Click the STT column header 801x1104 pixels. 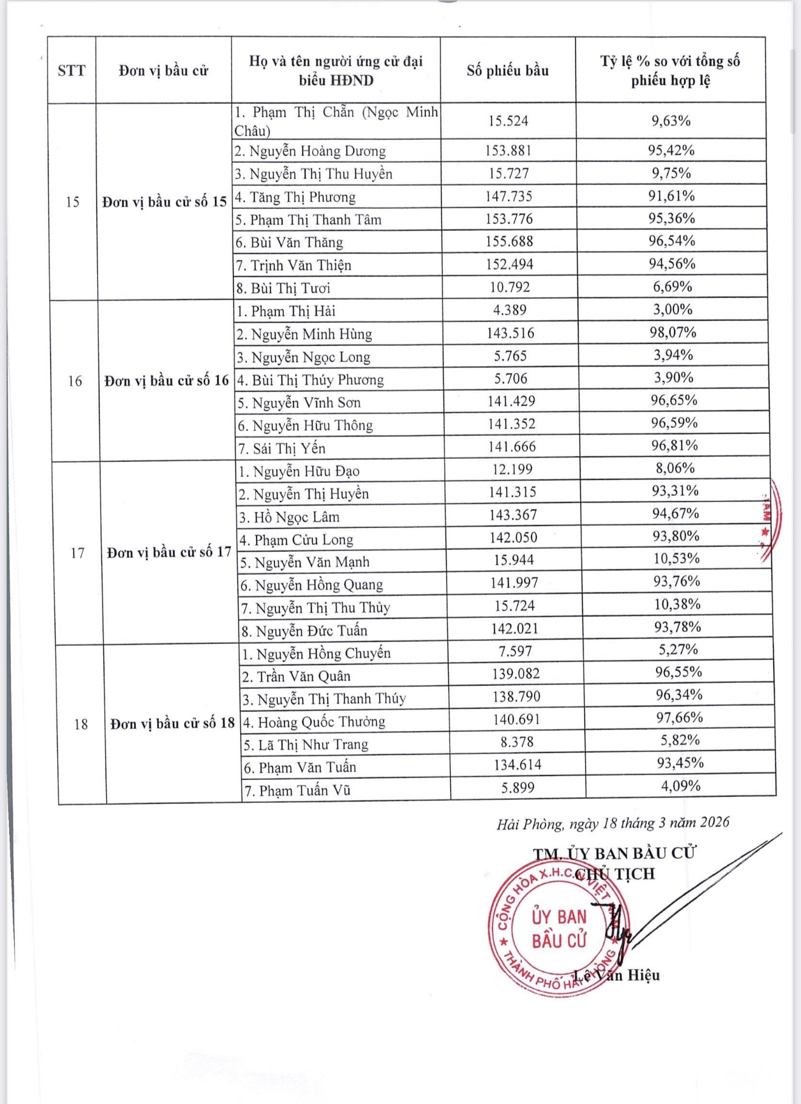[x=72, y=70]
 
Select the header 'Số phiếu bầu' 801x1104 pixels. [x=507, y=70]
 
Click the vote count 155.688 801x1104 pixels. [x=509, y=242]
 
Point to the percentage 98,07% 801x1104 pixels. [x=674, y=333]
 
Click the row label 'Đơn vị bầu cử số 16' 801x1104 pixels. [x=166, y=381]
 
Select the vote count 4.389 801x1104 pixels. [x=510, y=310]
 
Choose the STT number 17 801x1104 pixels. [x=77, y=553]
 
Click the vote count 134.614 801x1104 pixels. [x=517, y=765]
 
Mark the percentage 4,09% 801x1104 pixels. [x=680, y=786]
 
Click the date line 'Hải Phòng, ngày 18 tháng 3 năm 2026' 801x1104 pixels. [x=613, y=823]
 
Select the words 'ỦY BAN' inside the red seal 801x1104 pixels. [x=559, y=916]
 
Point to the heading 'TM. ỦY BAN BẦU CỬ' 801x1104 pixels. [x=614, y=853]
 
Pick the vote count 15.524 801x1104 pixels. [x=508, y=121]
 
